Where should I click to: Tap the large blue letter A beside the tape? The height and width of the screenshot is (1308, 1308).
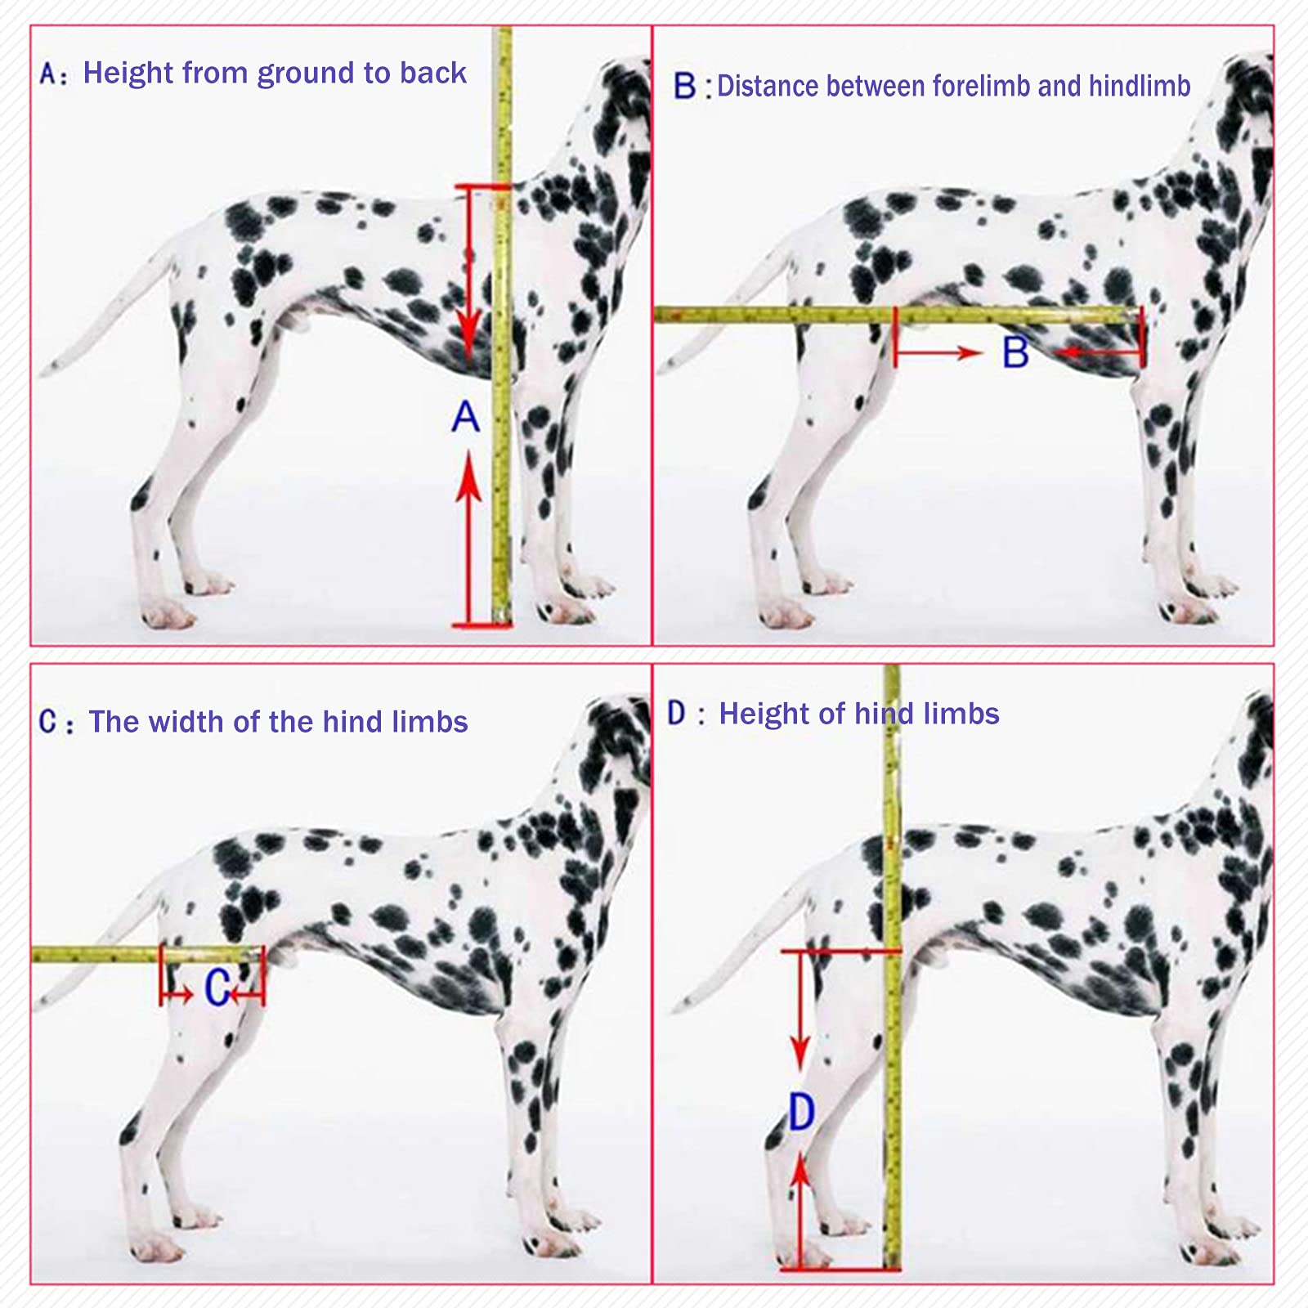click(x=466, y=416)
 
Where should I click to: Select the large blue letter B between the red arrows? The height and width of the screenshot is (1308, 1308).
click(x=1015, y=352)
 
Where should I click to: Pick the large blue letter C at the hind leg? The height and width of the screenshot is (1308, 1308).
click(x=216, y=988)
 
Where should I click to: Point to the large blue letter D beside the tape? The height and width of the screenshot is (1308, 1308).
click(x=801, y=1112)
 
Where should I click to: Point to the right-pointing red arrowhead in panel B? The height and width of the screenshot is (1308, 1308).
click(x=970, y=353)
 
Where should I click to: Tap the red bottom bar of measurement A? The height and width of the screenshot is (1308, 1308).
click(x=482, y=626)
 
